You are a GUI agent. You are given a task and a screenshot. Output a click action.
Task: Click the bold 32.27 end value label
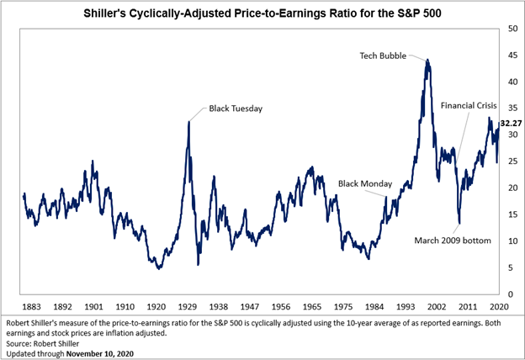[511, 124]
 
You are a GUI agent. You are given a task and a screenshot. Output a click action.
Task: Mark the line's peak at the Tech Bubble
[428, 60]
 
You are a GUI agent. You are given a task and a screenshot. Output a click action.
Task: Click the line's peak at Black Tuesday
[188, 122]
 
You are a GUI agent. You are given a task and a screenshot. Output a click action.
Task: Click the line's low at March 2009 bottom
[459, 224]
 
